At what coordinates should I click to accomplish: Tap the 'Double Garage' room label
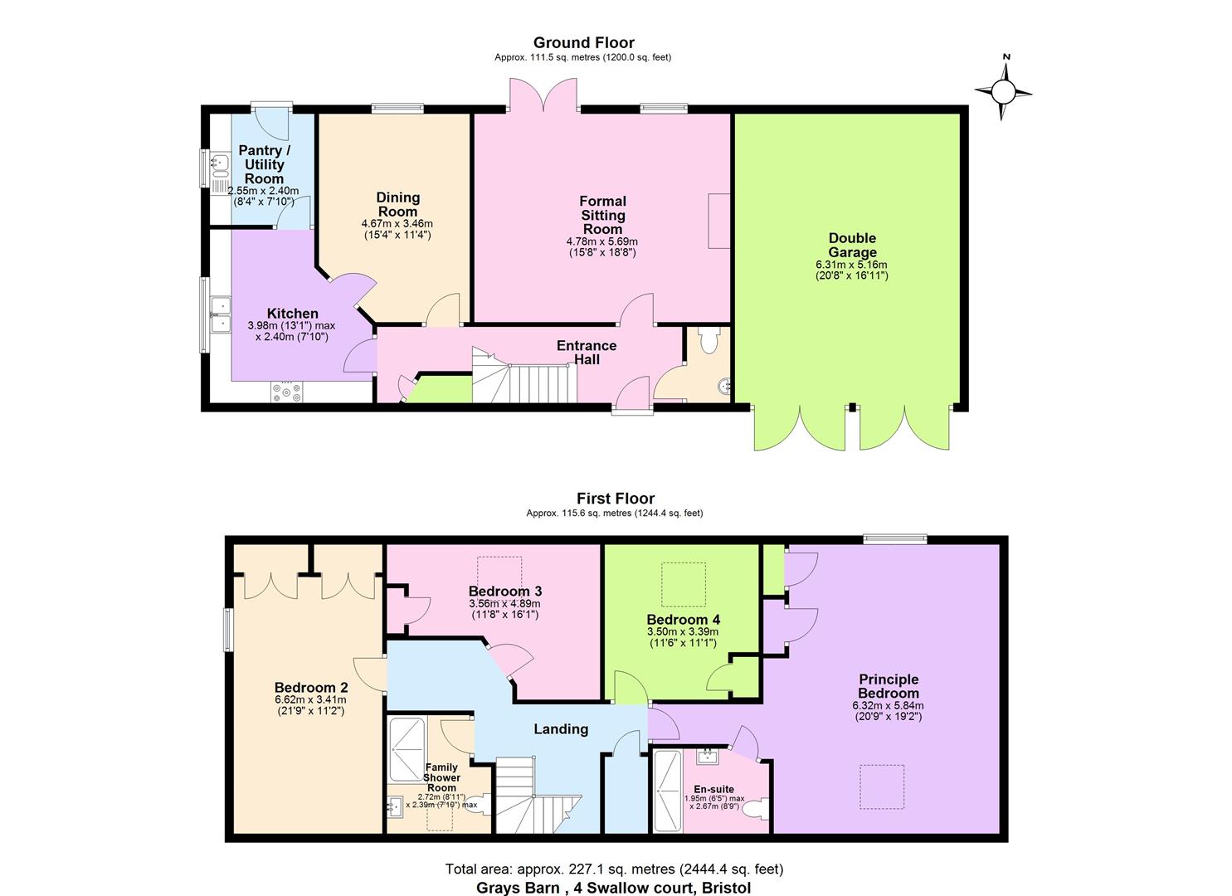851,246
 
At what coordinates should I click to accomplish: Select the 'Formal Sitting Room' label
602,215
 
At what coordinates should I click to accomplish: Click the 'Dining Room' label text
397,205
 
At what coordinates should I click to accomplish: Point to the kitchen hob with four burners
287,392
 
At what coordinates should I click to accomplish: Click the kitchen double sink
221,315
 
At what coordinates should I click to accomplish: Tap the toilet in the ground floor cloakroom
710,339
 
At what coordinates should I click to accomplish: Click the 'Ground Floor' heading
583,43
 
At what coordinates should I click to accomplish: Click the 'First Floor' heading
616,499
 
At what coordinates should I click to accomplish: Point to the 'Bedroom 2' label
311,688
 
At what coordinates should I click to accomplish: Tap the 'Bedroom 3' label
504,591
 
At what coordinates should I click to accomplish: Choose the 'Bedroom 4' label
683,620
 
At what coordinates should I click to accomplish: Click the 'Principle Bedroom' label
888,686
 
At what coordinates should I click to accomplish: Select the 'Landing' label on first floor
561,729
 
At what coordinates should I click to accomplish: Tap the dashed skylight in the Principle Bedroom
882,786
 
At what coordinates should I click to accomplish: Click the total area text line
614,869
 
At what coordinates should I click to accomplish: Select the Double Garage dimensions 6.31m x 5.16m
851,265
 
